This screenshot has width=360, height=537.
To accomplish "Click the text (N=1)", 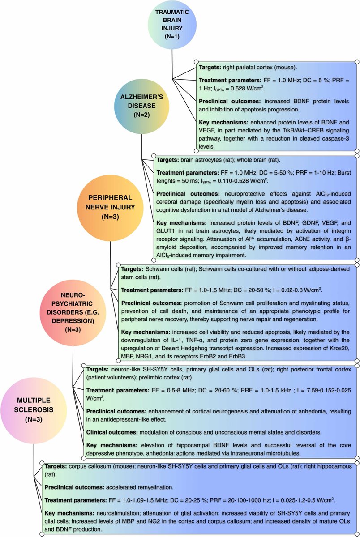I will coord(172,36).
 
